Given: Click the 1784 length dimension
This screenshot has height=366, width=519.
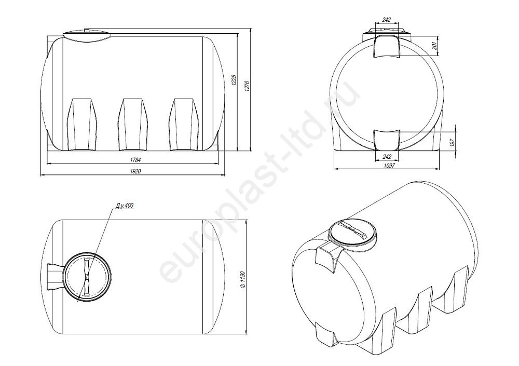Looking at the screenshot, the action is [x=135, y=160].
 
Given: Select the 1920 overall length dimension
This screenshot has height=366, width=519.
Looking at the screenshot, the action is [x=135, y=171].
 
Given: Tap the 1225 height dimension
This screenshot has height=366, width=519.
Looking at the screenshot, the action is [x=234, y=80].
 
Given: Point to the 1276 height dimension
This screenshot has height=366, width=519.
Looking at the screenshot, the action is [x=247, y=86].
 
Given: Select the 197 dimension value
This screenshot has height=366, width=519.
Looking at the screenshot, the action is [x=453, y=143].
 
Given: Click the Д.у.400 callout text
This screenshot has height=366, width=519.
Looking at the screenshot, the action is [x=125, y=206].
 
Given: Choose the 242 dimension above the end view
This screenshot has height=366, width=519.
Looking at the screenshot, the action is [x=386, y=20].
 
